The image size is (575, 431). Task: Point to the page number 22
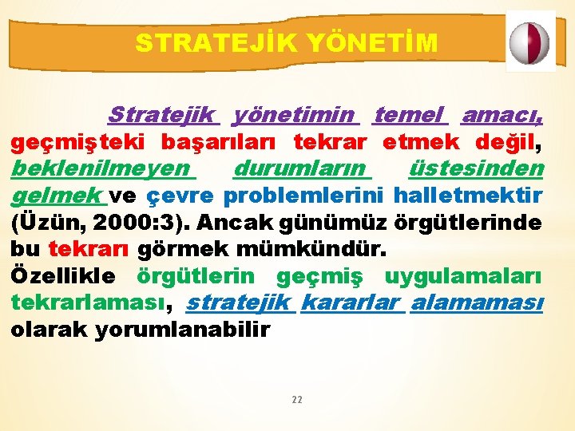(x=297, y=399)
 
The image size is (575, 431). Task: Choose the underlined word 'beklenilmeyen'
(x=101, y=169)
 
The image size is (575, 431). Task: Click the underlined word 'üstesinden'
(x=476, y=169)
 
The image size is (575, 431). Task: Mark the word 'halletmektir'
(x=469, y=196)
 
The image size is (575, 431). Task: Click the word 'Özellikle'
(x=63, y=276)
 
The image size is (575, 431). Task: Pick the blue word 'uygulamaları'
(x=463, y=276)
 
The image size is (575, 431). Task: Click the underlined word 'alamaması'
(x=477, y=303)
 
